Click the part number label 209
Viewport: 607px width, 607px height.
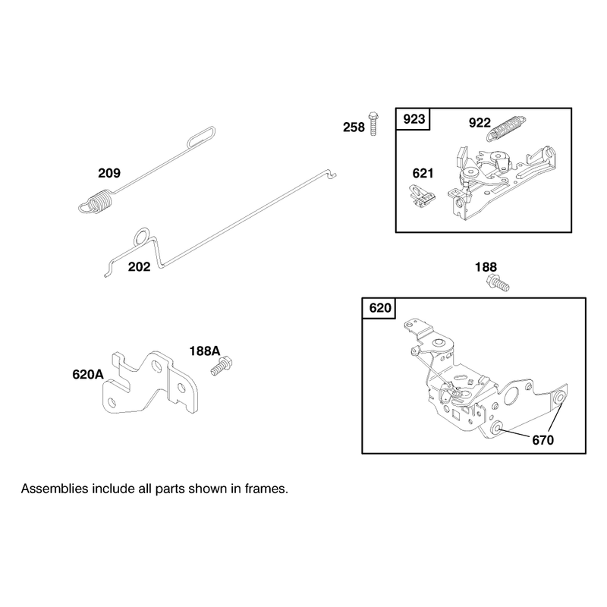point(109,173)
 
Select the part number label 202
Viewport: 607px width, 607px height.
point(139,267)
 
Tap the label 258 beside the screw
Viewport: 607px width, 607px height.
point(354,127)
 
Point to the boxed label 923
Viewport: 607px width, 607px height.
point(414,119)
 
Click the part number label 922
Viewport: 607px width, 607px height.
point(480,123)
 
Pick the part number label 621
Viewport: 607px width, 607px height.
point(423,174)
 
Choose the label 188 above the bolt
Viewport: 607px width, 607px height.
point(486,267)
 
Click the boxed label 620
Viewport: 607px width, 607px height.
point(380,308)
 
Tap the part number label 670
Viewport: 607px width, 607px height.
point(543,440)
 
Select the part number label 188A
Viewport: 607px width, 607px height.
point(204,351)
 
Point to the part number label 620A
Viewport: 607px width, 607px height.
point(88,374)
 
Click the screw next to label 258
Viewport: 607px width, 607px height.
point(373,124)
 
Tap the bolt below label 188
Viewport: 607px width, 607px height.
point(498,282)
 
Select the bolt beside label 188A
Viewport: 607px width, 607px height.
point(222,366)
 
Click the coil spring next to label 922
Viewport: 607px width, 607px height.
point(506,128)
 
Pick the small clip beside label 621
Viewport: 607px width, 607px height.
point(423,197)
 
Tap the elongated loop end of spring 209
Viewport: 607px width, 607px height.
point(201,137)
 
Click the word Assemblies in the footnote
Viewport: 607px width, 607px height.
point(55,489)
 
